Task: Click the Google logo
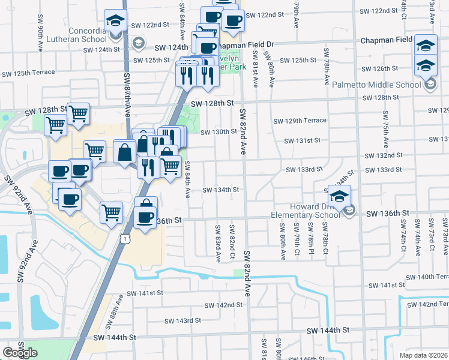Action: click(x=20, y=353)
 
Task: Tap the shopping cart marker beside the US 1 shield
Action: click(x=112, y=212)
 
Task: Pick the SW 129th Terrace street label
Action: click(x=300, y=121)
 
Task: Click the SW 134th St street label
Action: click(x=220, y=190)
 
